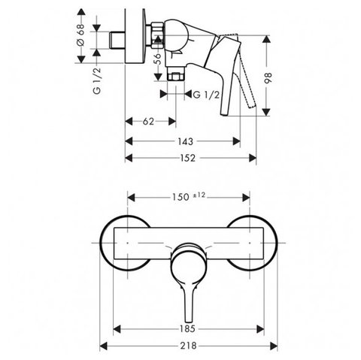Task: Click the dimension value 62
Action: (148, 122)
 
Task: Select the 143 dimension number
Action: (186, 141)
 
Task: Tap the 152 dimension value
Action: (187, 158)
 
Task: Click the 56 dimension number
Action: (158, 59)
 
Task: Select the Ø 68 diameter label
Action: (80, 35)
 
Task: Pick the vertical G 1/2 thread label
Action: (97, 80)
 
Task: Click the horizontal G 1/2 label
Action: (206, 95)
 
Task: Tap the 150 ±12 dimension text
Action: (189, 197)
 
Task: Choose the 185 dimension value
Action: (187, 328)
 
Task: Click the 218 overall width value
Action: (188, 346)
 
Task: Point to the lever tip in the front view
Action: (189, 321)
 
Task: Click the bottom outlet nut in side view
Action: (176, 77)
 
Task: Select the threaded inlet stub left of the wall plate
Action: (117, 40)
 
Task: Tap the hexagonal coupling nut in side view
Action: (157, 35)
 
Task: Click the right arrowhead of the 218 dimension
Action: (274, 346)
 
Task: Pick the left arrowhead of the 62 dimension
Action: (129, 122)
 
